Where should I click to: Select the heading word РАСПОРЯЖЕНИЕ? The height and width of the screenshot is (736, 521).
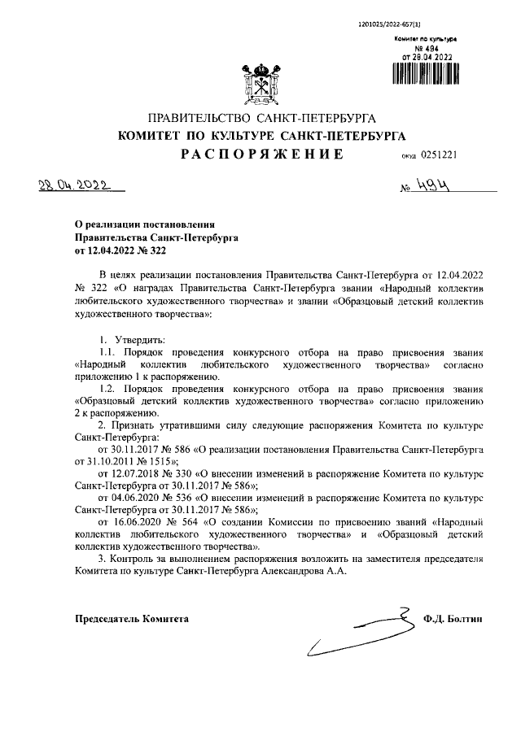click(x=261, y=153)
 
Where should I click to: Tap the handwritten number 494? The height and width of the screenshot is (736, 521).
click(x=435, y=185)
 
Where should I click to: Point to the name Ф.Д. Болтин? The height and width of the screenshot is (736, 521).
click(x=453, y=619)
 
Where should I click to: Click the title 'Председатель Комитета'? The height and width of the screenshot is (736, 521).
click(x=131, y=619)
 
